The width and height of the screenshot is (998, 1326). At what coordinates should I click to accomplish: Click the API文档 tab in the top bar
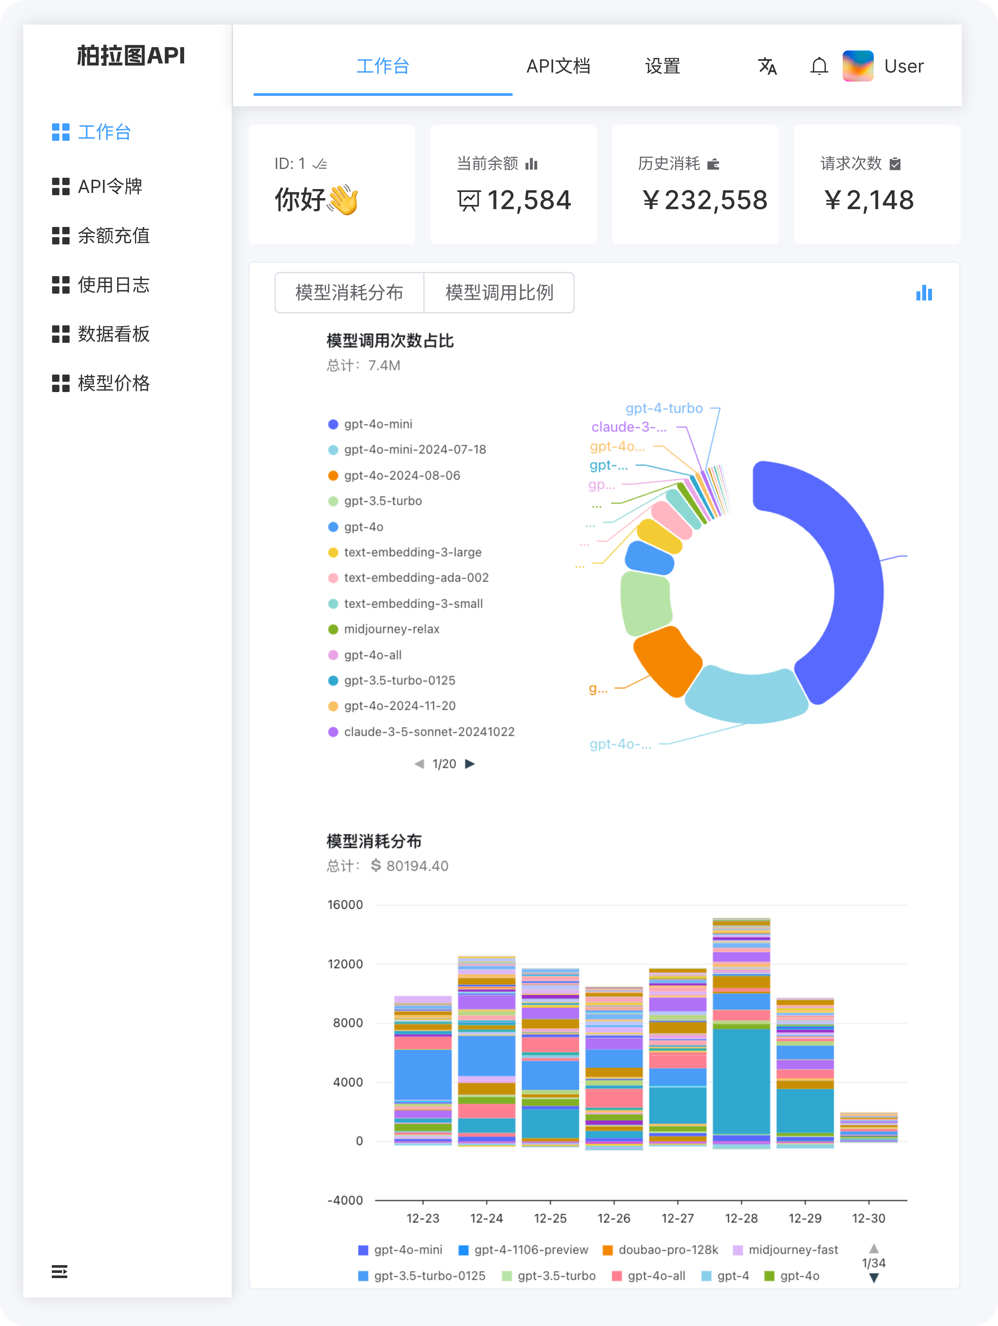(x=558, y=66)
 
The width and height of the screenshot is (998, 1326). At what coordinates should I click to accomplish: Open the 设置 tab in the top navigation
(x=662, y=66)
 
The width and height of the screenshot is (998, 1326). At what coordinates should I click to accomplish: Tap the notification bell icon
(x=819, y=66)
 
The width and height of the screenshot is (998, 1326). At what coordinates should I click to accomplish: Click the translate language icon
(x=767, y=66)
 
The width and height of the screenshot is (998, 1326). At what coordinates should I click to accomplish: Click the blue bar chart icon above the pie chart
(x=924, y=293)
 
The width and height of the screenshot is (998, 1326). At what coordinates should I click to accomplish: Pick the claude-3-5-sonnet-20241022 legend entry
(x=428, y=731)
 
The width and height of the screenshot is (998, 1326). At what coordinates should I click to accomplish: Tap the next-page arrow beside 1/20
(x=470, y=764)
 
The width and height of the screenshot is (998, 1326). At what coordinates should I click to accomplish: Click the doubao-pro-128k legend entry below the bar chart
(x=667, y=1250)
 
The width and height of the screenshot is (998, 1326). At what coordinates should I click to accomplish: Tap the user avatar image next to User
(x=858, y=66)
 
